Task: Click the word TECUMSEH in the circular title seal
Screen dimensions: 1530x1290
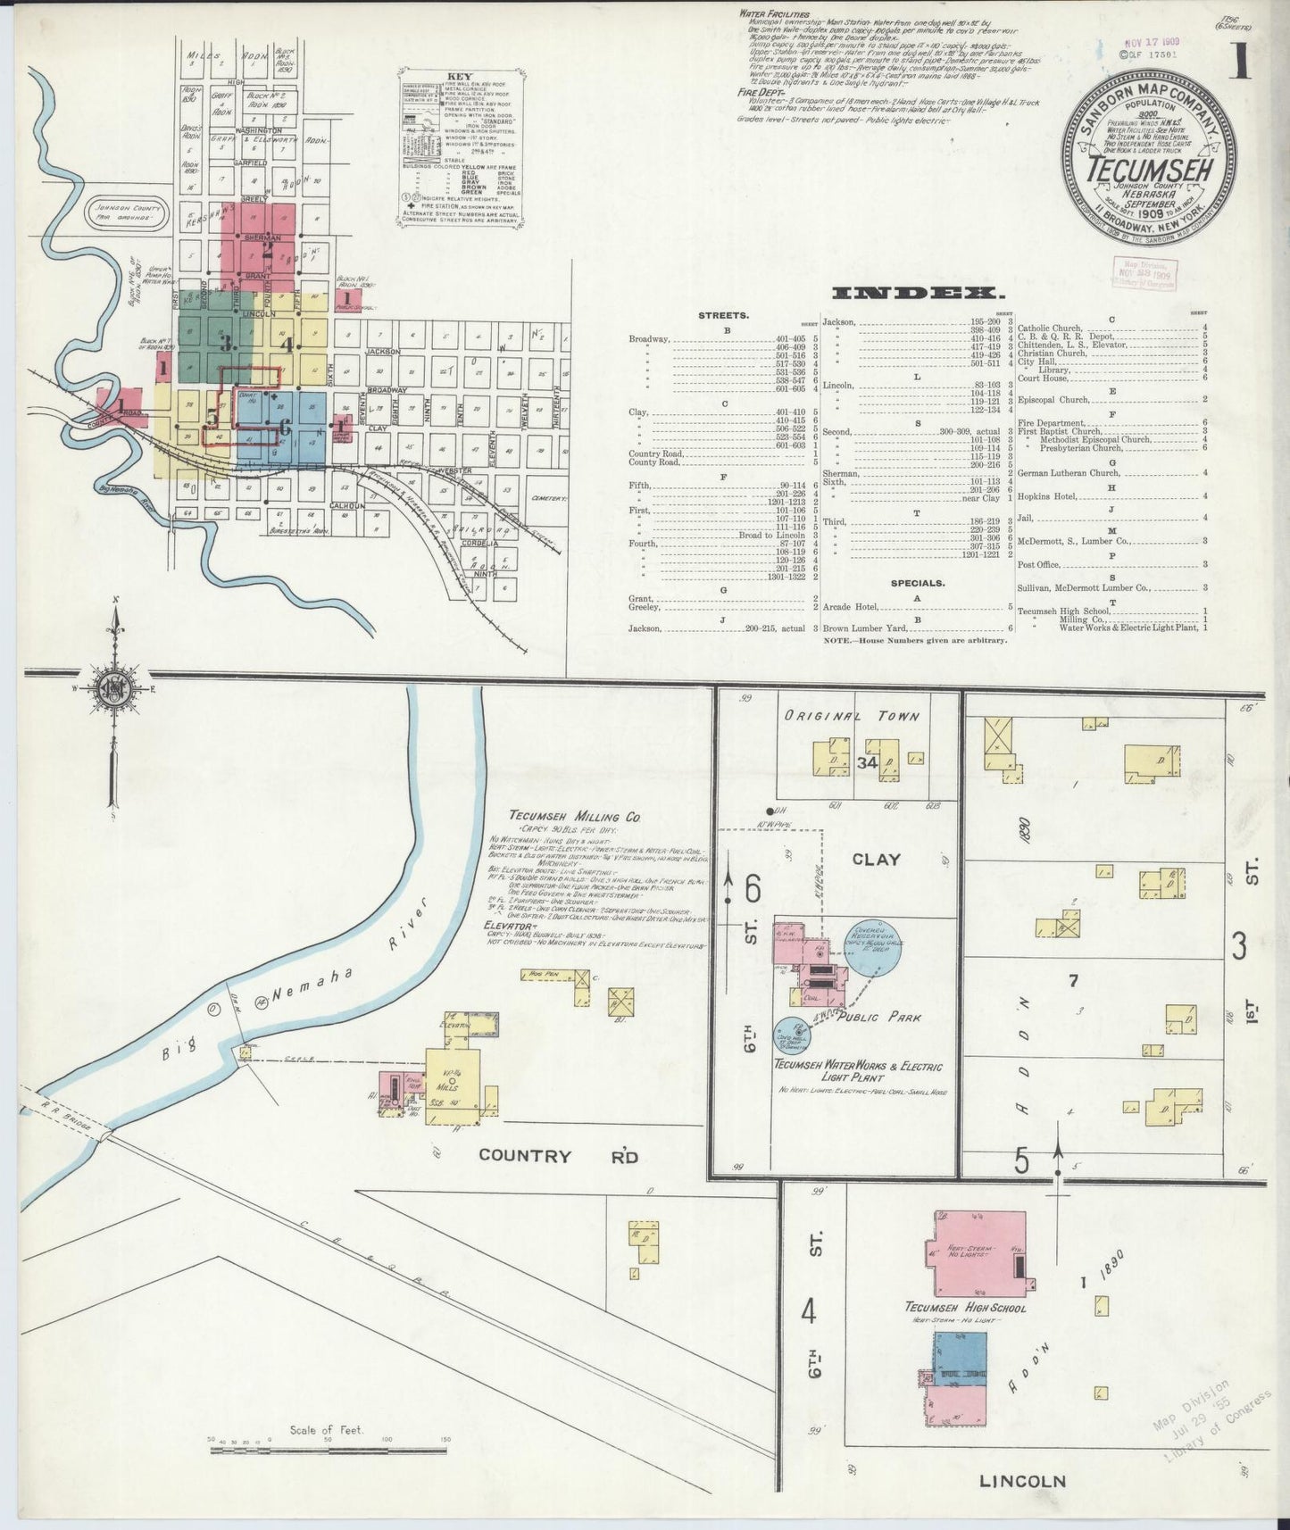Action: point(1150,170)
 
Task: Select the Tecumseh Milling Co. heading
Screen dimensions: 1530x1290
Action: point(576,816)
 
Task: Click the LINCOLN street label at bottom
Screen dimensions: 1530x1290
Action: point(1022,1482)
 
